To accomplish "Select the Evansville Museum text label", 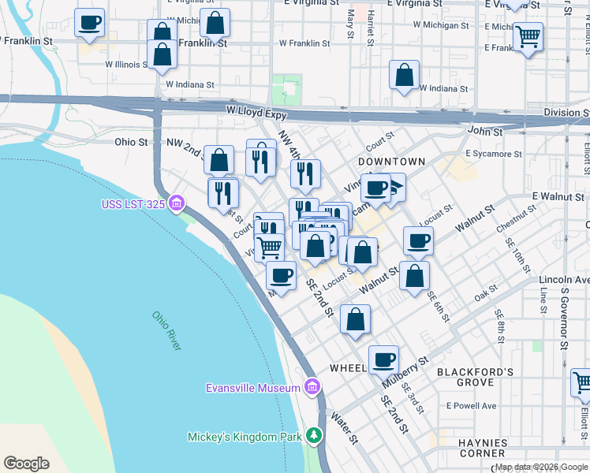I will tap(252, 388).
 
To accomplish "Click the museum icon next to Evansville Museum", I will tap(312, 387).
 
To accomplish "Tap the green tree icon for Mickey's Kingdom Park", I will tap(315, 435).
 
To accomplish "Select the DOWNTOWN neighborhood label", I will tap(392, 161).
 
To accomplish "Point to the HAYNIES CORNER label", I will tap(481, 448).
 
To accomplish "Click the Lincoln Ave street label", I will tap(564, 280).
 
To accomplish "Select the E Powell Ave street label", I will tap(471, 406).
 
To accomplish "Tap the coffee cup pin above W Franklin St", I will tap(90, 22).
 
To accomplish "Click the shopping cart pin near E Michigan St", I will tap(528, 35).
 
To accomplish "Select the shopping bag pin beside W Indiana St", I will tap(404, 76).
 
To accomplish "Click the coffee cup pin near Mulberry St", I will tap(383, 359).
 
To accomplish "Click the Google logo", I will tap(26, 463).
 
